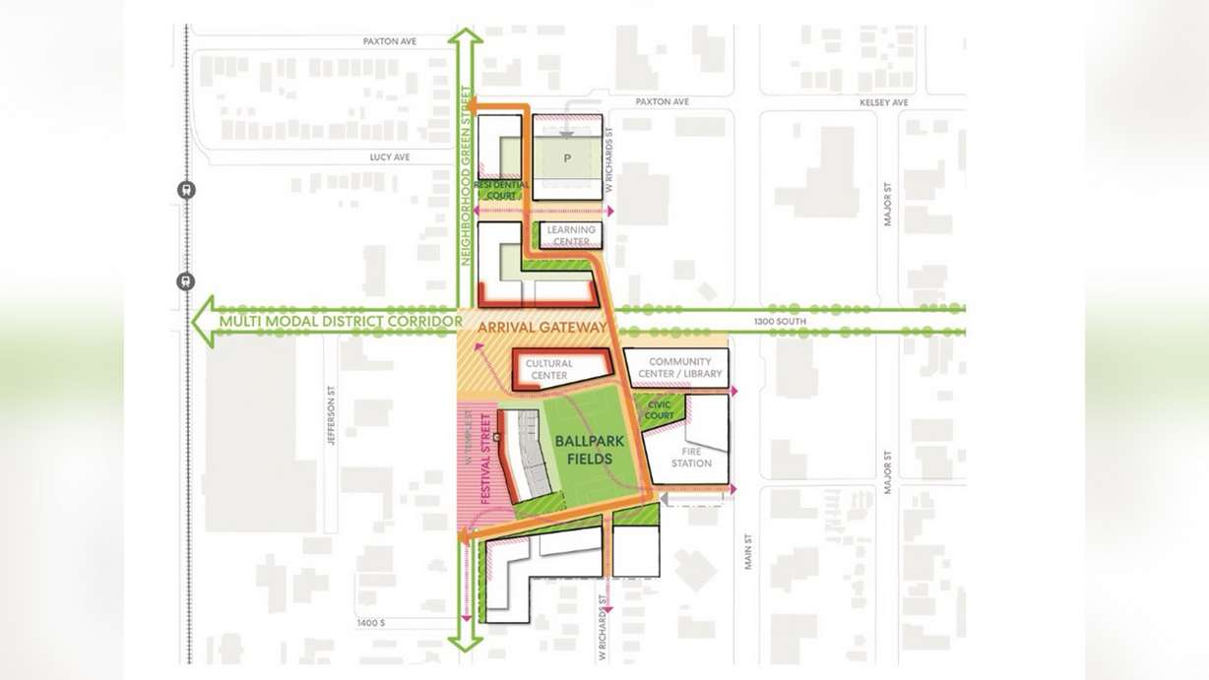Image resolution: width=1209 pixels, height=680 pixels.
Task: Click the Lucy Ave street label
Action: (x=389, y=157)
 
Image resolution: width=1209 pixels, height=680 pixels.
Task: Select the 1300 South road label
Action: (x=780, y=322)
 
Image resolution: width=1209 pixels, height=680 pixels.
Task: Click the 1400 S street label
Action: (x=371, y=623)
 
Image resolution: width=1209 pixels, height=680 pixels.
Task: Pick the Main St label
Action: (x=748, y=551)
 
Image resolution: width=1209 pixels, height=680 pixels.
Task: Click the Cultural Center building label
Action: (x=548, y=370)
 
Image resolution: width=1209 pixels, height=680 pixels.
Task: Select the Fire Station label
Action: (x=691, y=458)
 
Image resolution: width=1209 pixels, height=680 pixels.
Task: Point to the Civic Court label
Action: (x=659, y=410)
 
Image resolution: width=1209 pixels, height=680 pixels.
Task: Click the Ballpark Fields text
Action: (x=583, y=451)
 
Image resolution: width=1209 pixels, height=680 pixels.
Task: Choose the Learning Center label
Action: (x=571, y=236)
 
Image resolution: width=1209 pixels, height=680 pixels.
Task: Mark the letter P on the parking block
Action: (x=568, y=157)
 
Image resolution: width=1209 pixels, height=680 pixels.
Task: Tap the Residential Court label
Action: (x=501, y=190)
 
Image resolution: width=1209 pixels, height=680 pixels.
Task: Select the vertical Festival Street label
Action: (x=485, y=459)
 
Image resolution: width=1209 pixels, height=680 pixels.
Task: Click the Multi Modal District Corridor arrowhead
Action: (x=204, y=322)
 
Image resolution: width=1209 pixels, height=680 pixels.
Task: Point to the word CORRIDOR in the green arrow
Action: (x=421, y=322)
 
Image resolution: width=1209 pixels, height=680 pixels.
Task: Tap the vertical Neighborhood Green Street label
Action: (x=467, y=177)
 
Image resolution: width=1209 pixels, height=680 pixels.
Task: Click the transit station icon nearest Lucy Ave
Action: (x=186, y=190)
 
